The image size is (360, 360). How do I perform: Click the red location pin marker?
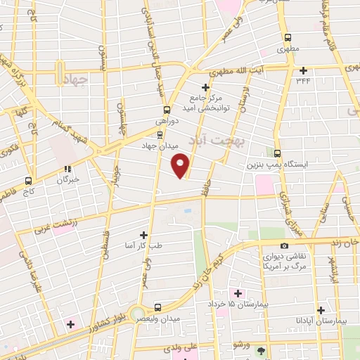click(181, 167)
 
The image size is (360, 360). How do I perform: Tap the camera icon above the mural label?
click(284, 245)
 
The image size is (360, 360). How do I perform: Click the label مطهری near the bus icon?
click(287, 50)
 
